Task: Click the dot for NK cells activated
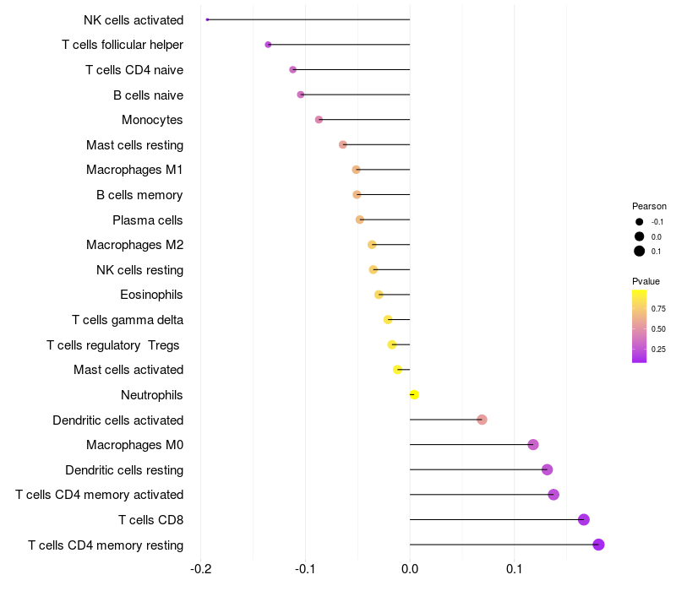coord(207,19)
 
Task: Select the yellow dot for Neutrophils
coord(413,394)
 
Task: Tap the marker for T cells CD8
coord(583,519)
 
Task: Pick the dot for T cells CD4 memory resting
coord(598,545)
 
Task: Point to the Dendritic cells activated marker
coord(482,420)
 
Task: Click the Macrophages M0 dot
coord(533,445)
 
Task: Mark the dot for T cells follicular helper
coord(268,45)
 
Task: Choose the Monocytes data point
coord(319,120)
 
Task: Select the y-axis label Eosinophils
coord(152,295)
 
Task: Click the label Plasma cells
coord(148,220)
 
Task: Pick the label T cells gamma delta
coord(128,320)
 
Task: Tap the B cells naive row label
coord(148,95)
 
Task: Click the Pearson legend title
coord(649,206)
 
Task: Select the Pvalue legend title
coord(646,281)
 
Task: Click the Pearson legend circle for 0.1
coord(640,251)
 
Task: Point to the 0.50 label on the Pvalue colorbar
coord(658,328)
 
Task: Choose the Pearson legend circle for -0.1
coord(640,222)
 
